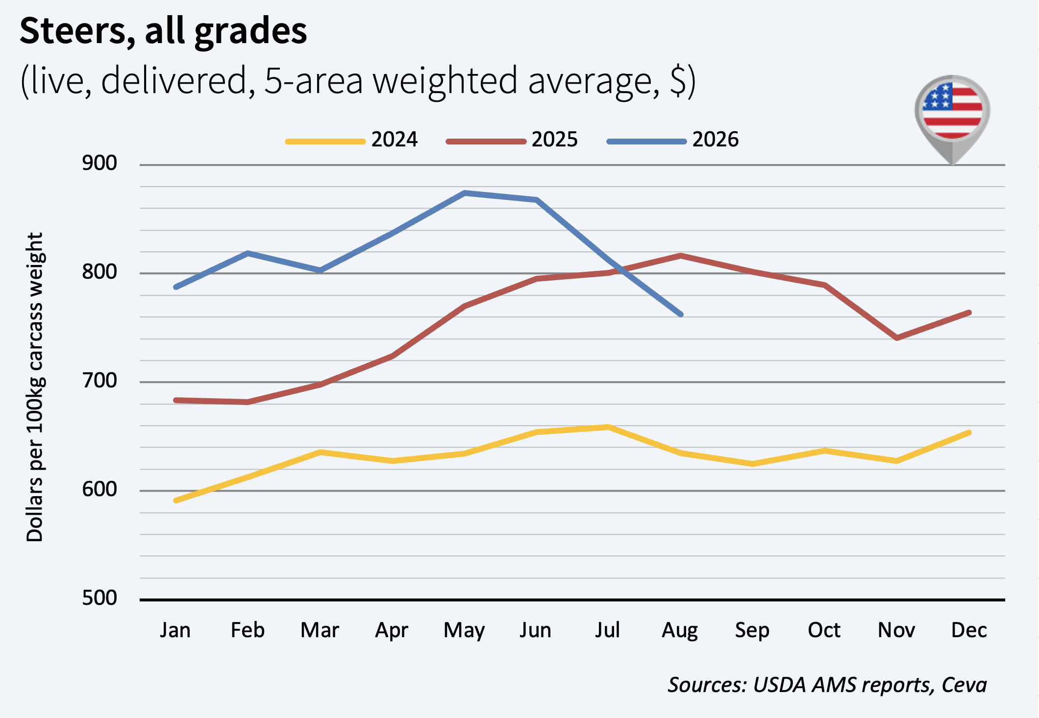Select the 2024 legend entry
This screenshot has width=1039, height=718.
(351, 140)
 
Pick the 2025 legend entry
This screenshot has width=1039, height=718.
(512, 140)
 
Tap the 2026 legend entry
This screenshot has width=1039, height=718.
(672, 140)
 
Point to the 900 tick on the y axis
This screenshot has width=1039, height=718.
(99, 163)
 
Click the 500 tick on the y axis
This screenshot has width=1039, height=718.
(99, 598)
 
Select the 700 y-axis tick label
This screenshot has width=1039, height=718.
(99, 381)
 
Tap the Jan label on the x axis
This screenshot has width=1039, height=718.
(175, 630)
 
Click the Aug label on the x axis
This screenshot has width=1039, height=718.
(680, 631)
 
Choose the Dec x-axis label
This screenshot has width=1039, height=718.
(969, 630)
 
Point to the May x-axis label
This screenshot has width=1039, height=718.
(464, 631)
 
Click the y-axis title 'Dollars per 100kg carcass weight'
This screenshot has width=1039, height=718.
(35, 387)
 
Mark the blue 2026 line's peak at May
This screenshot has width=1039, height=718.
(464, 193)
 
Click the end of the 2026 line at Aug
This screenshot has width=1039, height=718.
(681, 314)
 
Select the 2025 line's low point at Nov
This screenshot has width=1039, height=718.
(897, 338)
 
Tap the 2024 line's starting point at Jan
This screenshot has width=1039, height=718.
(176, 501)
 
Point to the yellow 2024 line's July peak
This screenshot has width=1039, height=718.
(608, 427)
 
